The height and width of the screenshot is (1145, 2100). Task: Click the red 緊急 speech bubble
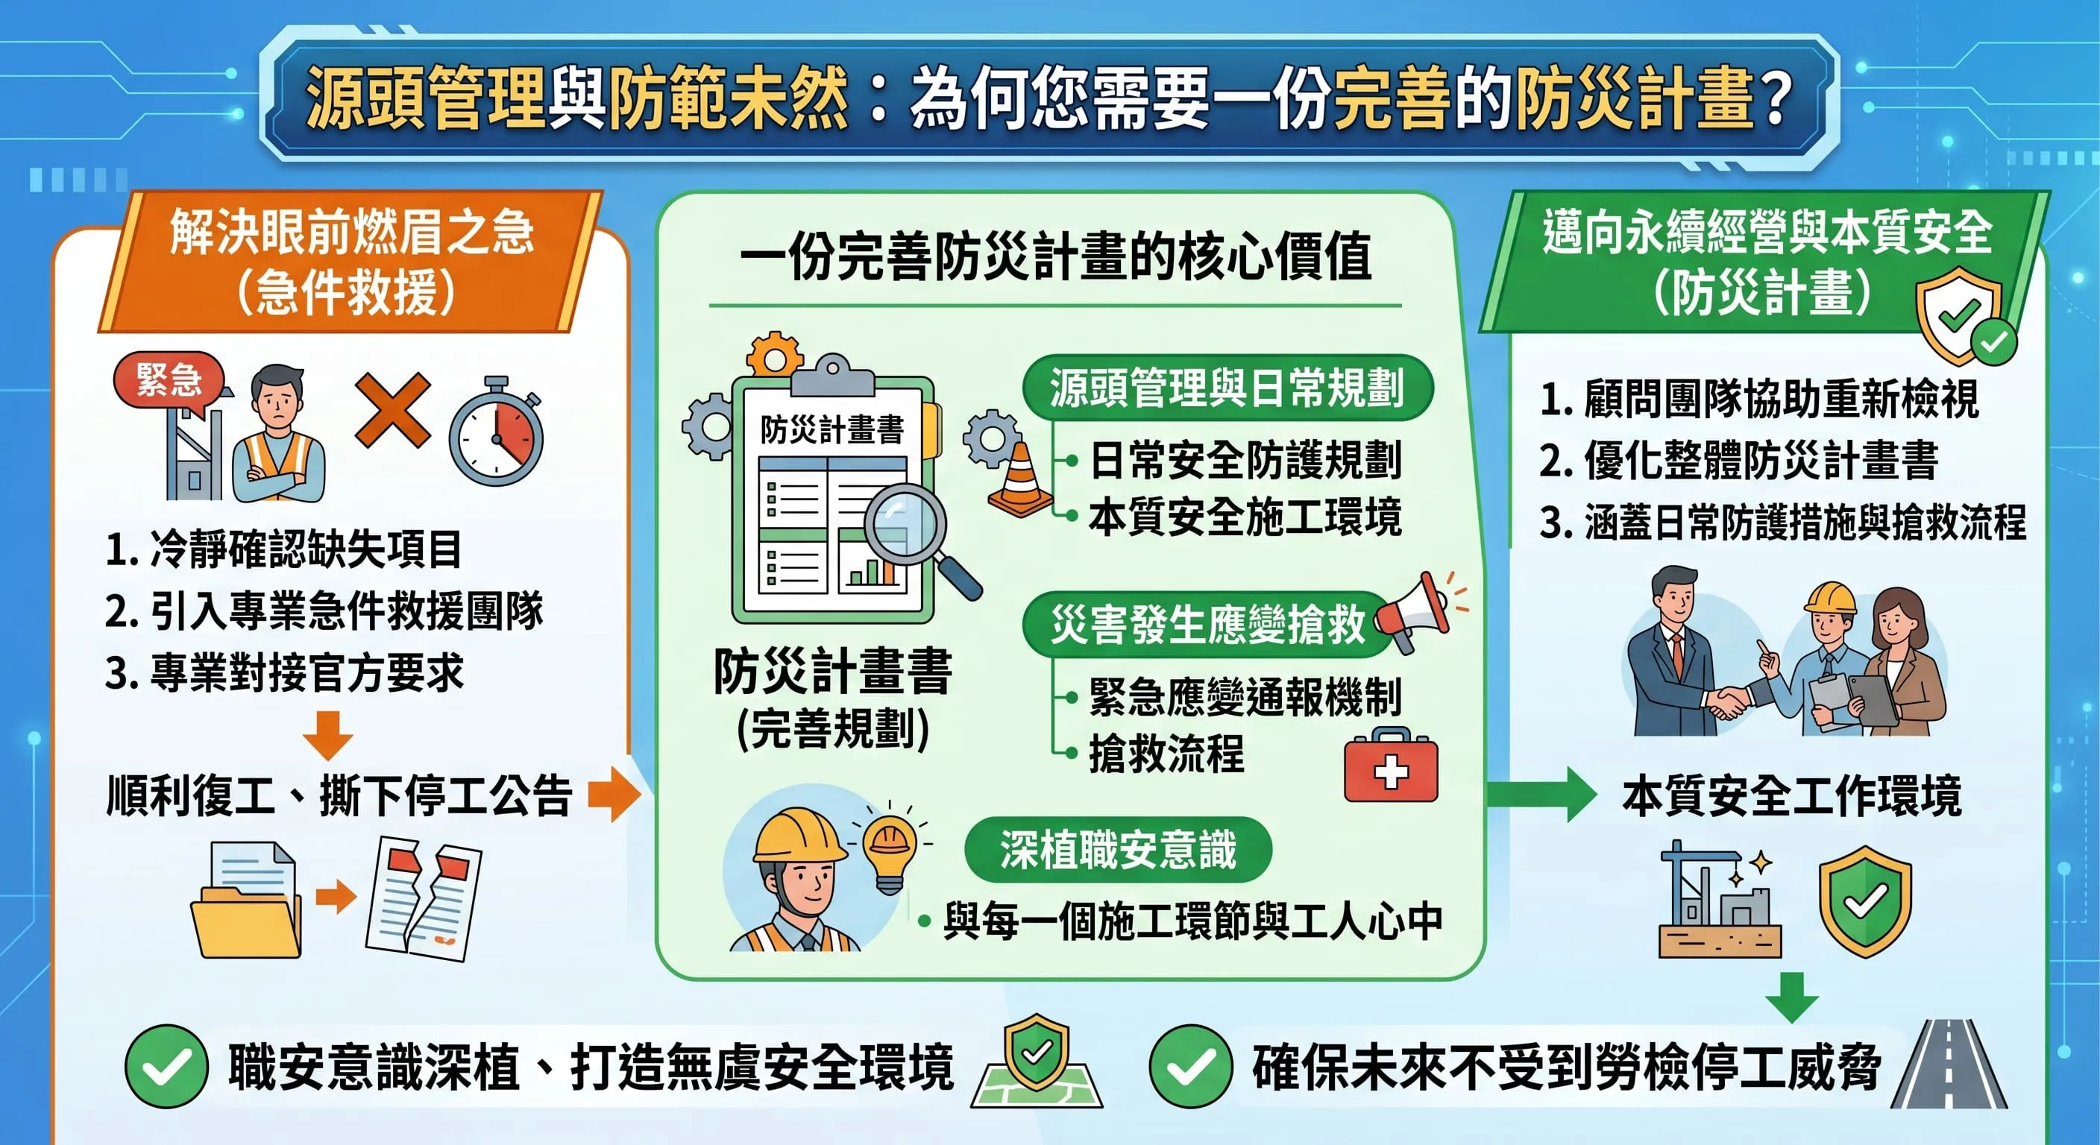click(x=169, y=379)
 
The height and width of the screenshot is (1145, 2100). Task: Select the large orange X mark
click(x=393, y=410)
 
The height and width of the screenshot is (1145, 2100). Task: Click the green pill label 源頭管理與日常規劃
click(x=1226, y=388)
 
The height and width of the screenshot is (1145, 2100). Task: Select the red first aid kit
click(x=1391, y=766)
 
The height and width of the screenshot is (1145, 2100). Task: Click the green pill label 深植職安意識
click(x=1118, y=849)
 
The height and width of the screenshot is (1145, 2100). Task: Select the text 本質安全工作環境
click(x=1792, y=796)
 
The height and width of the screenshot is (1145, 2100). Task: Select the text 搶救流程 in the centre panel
click(x=1166, y=754)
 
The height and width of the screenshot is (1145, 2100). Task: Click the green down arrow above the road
click(x=1791, y=996)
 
